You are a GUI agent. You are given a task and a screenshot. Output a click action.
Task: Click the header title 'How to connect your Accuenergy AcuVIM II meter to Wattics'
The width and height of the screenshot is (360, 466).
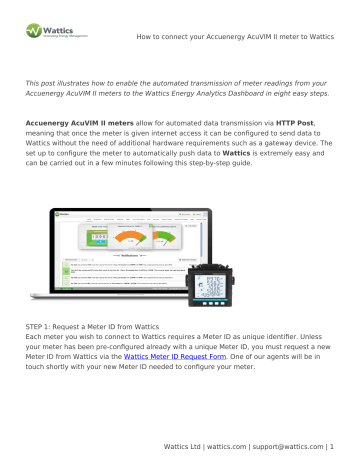tap(236, 19)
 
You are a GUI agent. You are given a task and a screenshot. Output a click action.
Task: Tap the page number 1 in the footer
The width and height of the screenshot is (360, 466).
tap(331, 445)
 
